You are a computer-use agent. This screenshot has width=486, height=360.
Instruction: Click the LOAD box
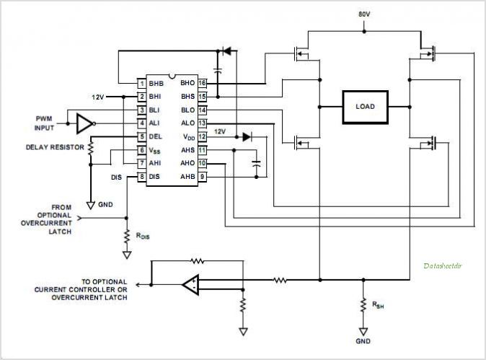tap(365, 105)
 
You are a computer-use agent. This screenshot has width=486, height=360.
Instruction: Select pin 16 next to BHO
tap(203, 83)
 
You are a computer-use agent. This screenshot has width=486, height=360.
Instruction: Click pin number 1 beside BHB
tap(142, 83)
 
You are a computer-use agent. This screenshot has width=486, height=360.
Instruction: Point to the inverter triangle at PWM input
tap(84, 123)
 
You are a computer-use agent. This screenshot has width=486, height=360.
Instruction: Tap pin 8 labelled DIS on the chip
tap(142, 176)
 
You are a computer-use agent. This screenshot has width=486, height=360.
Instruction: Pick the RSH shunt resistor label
tap(378, 304)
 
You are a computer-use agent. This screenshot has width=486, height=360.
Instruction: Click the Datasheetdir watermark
tap(444, 265)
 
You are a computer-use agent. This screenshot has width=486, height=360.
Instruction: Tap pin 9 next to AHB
tap(203, 176)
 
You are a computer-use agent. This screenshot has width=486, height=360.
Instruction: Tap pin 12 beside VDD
tap(203, 136)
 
